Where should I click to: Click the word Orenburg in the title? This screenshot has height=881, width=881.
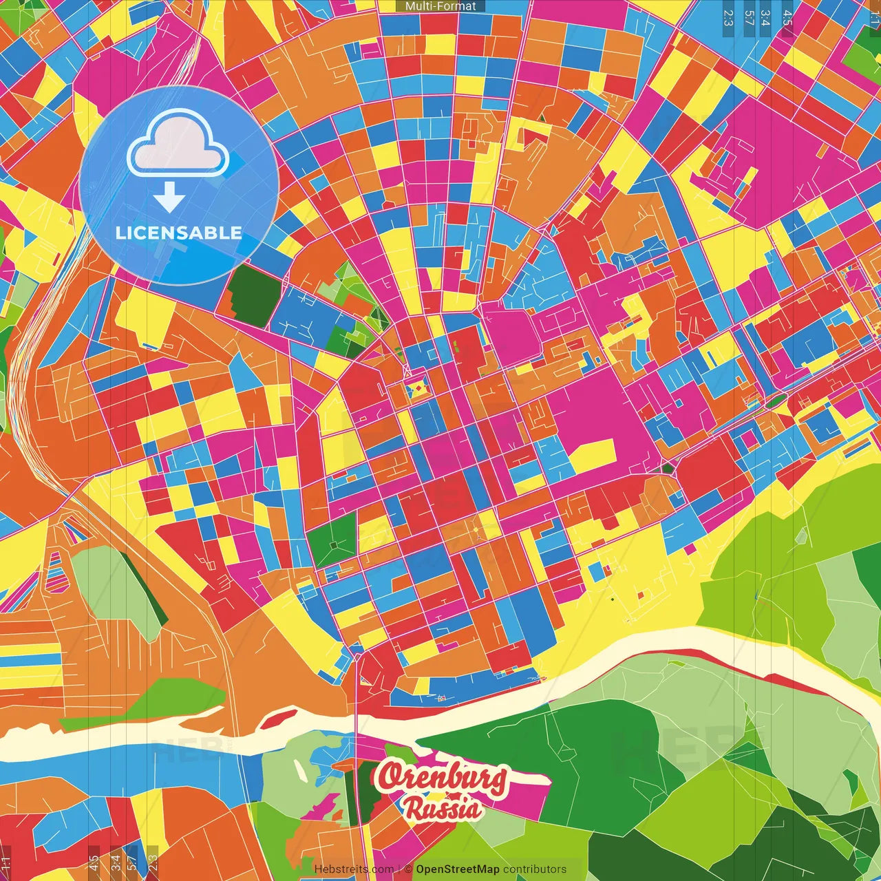[442, 778]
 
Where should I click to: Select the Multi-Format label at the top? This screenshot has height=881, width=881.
[440, 6]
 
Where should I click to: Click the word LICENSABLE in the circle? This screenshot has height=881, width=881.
[179, 233]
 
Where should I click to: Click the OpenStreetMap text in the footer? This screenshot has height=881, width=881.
[457, 869]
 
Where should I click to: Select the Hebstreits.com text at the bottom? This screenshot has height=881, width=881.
[354, 869]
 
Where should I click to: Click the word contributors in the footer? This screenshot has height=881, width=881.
[534, 869]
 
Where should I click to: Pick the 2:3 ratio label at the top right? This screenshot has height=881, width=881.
[728, 17]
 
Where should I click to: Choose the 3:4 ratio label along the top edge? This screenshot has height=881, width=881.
[765, 17]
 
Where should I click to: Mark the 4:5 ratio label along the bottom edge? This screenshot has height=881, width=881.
[94, 862]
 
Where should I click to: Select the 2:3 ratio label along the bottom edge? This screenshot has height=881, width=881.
[153, 862]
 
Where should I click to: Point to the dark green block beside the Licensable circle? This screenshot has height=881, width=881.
[253, 294]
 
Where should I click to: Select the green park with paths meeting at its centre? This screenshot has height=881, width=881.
[333, 544]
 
